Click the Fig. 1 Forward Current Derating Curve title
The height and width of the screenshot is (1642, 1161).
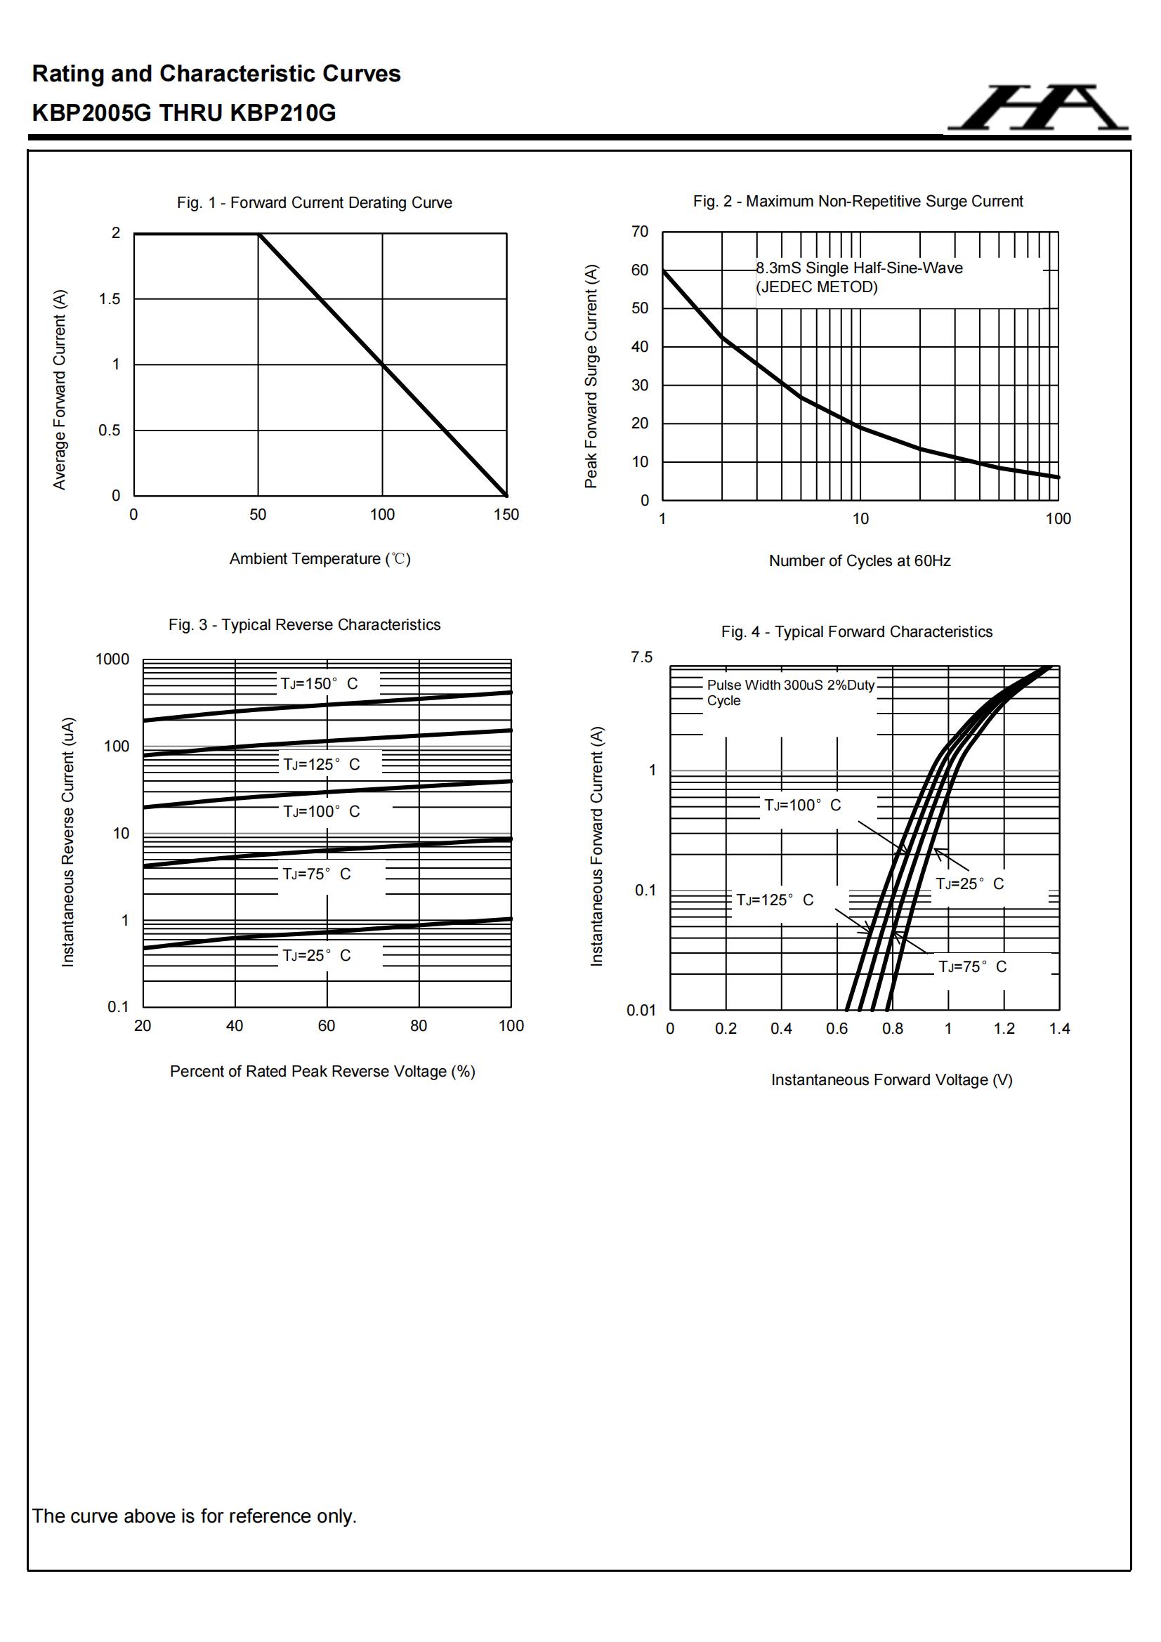314,202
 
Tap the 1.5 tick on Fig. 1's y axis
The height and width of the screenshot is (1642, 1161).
110,299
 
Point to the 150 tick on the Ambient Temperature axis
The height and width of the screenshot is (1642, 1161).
506,515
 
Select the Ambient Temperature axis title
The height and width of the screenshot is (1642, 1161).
320,558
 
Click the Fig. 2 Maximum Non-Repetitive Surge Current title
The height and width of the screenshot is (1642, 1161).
857,201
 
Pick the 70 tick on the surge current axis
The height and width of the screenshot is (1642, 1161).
640,232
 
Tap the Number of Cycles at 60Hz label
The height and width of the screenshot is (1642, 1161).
859,560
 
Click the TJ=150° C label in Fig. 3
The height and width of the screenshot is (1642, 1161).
319,683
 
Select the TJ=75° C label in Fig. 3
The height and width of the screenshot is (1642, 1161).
316,874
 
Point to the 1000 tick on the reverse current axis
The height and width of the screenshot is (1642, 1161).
112,659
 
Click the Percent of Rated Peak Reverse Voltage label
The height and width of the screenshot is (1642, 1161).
322,1071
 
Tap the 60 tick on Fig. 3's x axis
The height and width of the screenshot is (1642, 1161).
326,1025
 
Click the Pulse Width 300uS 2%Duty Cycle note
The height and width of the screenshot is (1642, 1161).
789,692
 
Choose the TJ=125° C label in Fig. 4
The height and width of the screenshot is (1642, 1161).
775,900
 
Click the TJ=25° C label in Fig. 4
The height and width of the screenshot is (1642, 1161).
969,884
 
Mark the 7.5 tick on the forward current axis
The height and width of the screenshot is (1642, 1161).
641,657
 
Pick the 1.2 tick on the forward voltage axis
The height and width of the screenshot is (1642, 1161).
1004,1028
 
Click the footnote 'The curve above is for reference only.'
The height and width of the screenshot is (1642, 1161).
194,1516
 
